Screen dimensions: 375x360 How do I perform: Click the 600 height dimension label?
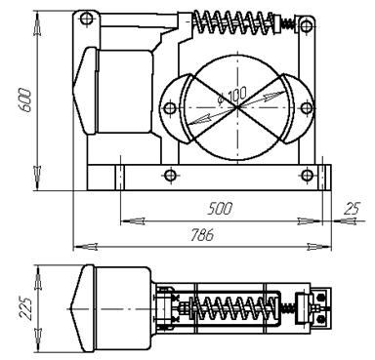point(25,100)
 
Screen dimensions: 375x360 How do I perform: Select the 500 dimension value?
point(220,209)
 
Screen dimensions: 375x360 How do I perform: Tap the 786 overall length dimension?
point(202,235)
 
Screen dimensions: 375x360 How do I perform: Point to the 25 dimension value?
point(352,209)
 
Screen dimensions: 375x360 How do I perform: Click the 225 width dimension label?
point(25,308)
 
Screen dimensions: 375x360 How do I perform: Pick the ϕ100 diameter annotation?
point(231,96)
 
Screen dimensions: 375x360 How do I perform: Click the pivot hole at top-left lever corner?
point(86,19)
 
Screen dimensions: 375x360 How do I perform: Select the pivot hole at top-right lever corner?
point(306,24)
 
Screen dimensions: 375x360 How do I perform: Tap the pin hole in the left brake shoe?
point(170,107)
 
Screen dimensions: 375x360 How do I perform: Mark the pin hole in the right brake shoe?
point(306,107)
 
